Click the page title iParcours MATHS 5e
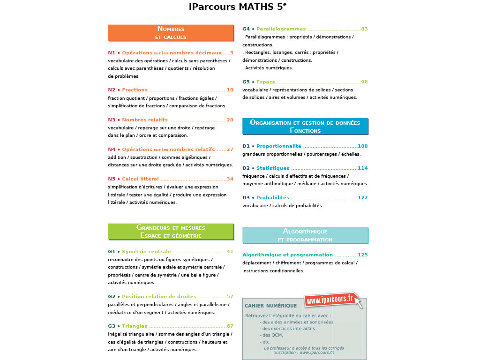pos(238,7)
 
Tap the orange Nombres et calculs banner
pos(171,33)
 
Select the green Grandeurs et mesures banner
pos(171,232)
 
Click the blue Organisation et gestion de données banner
pos(305,127)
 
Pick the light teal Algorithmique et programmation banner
pos(305,235)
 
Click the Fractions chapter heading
pos(135,90)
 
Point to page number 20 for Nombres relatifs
pos(230,120)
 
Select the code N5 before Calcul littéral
pos(112,179)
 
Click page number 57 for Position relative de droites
pos(230,297)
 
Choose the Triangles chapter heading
pos(135,326)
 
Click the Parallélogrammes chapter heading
pos(281,29)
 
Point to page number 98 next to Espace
pos(364,82)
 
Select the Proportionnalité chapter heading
pos(278,146)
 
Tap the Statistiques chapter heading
pos(273,168)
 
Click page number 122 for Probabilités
pos(362,198)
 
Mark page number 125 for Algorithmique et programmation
pos(362,255)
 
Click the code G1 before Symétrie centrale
pos(112,252)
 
